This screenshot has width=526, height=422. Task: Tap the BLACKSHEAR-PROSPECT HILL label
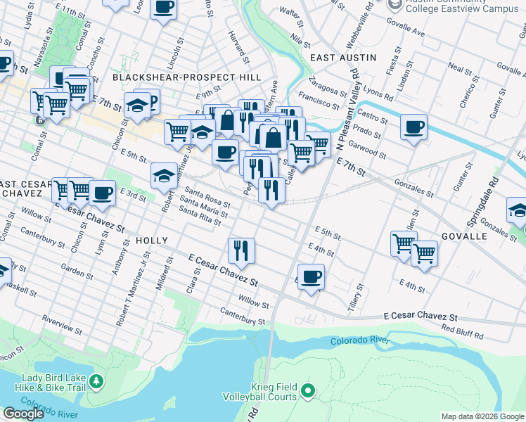coord(186,77)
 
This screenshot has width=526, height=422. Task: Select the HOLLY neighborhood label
coord(151,241)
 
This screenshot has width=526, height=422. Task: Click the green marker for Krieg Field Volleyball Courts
coord(307,390)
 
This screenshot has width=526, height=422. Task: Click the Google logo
coord(23,414)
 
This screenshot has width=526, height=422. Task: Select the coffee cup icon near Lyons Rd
coord(413,127)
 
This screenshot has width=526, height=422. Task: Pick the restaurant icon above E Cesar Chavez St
coord(240,250)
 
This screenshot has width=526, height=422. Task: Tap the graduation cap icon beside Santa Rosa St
coord(164,175)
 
